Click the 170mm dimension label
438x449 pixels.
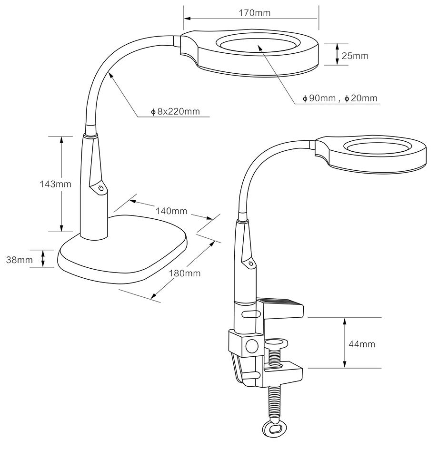(254, 13)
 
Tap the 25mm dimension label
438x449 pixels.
(355, 56)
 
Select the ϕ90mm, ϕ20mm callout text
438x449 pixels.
(340, 98)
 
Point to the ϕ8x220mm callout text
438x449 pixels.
(175, 112)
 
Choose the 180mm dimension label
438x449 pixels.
(185, 273)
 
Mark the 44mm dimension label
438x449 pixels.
(362, 344)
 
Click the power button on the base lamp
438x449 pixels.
(100, 189)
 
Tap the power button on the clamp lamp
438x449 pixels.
(250, 263)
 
